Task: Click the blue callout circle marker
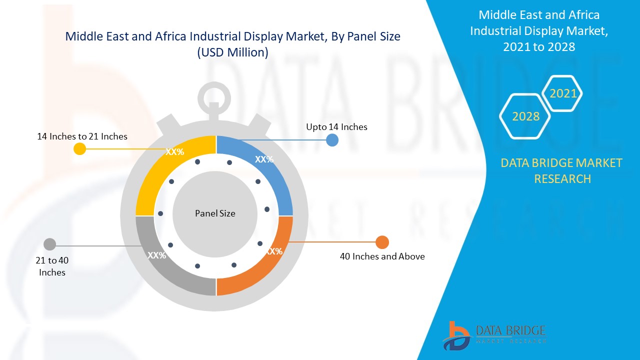pyautogui.click(x=332, y=140)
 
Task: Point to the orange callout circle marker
pyautogui.click(x=382, y=242)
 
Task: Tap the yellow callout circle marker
pyautogui.click(x=79, y=148)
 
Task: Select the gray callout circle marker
pyautogui.click(x=49, y=244)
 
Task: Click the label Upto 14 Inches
pyautogui.click(x=336, y=127)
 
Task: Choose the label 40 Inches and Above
pyautogui.click(x=382, y=256)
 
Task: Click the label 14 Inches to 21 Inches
pyautogui.click(x=82, y=136)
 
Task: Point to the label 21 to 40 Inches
pyautogui.click(x=52, y=266)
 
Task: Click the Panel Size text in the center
pyautogui.click(x=215, y=213)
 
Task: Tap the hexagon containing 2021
pyautogui.click(x=563, y=93)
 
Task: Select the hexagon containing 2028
pyautogui.click(x=525, y=116)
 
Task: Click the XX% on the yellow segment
pyautogui.click(x=175, y=152)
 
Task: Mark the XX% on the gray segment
pyautogui.click(x=156, y=255)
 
